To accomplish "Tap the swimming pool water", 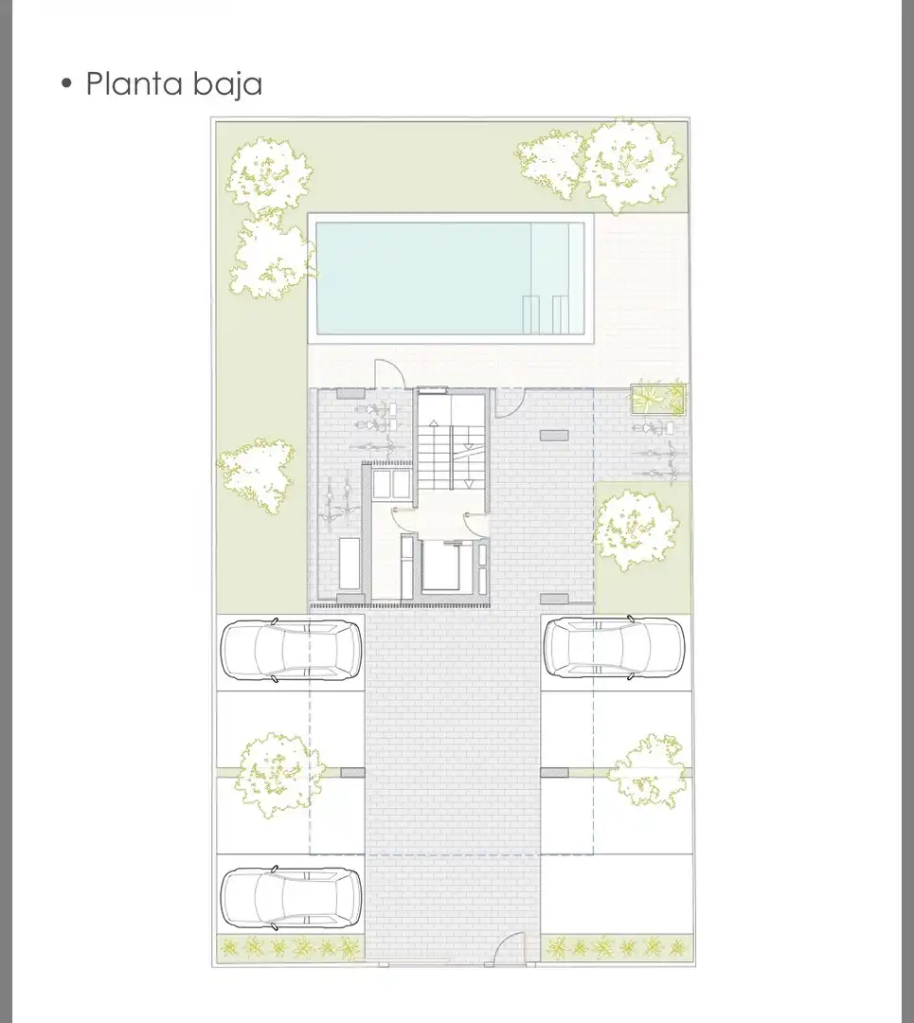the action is point(450,278).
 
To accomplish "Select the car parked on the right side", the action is point(614,648).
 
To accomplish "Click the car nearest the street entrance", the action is point(291,898).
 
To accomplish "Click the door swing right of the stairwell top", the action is point(510,403).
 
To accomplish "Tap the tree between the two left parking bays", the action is point(278,774).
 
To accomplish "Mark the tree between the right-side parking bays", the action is point(649,771).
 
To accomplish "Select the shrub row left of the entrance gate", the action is point(290,948).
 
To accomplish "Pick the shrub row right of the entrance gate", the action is point(616,947).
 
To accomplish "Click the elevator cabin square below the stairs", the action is point(447,565).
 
